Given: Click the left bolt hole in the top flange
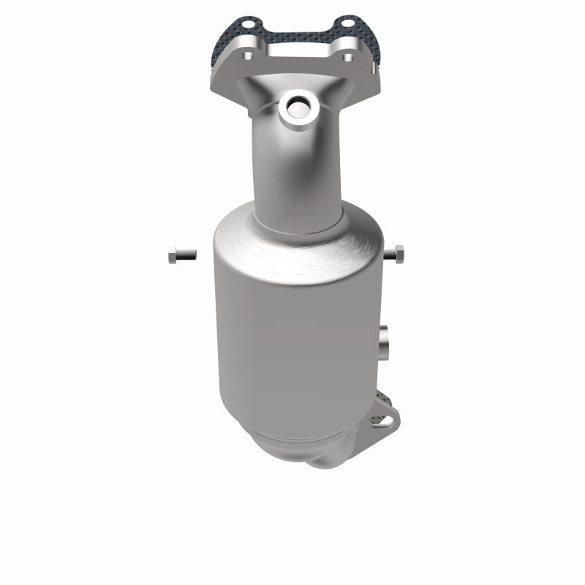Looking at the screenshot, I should [x=247, y=56].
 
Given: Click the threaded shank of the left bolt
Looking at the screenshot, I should [x=186, y=254].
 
